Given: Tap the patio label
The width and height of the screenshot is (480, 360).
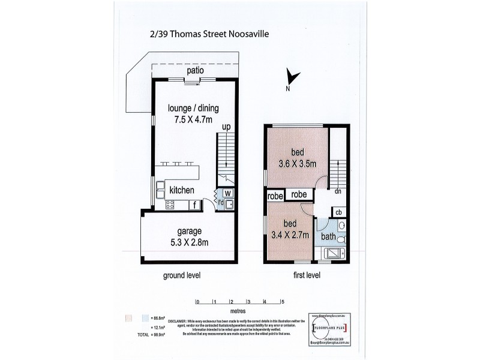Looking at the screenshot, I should point(194,71).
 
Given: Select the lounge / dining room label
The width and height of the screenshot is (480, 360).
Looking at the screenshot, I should point(193,108).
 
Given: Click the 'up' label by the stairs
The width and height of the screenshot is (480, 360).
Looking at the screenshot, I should point(226,127).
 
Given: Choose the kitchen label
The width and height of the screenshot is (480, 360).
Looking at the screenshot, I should point(181,190).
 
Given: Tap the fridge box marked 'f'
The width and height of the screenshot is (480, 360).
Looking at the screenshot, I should point(194,205).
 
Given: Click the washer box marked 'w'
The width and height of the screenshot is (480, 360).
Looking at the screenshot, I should point(228,193).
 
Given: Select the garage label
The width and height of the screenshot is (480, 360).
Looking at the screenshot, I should point(189,231).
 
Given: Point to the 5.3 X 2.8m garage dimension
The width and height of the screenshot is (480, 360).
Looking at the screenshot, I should point(189,242).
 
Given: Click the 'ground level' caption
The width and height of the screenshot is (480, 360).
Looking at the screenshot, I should point(181,275).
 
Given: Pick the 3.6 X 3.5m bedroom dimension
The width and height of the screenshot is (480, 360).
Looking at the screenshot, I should point(298,163).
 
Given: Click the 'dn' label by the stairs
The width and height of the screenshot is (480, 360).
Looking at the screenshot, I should point(338,192).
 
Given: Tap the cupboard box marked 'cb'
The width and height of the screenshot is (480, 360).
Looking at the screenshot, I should point(338,212).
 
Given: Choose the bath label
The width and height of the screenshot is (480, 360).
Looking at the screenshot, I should point(328,237).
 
